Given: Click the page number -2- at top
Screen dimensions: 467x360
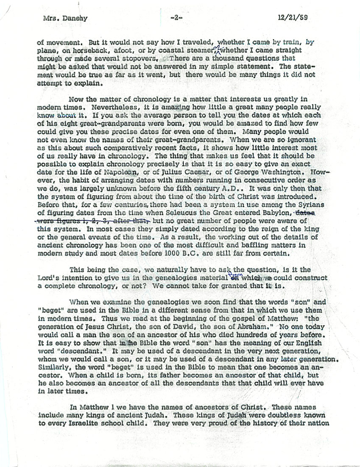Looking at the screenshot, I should click(175, 19).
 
